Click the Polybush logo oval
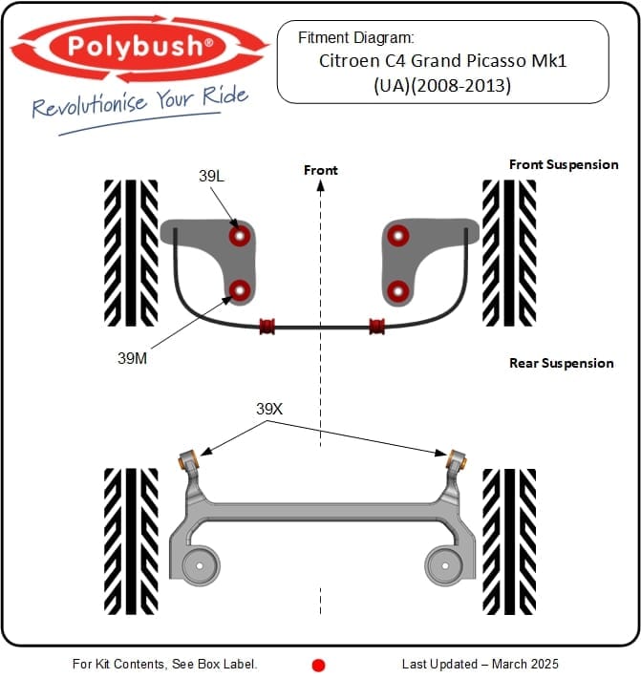pos(139,45)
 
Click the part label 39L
pos(212,176)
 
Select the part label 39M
pos(133,358)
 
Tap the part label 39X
pos(269,408)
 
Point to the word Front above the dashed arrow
pos(321,170)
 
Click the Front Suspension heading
pos(564,164)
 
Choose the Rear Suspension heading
pos(561,363)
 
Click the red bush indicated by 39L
pos(240,235)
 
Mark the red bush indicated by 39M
pos(240,288)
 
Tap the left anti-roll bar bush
pos(268,326)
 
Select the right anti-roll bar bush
pos(376,326)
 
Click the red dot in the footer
pos(319,665)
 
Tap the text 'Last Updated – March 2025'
pos(481,664)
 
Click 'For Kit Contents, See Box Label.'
pos(164,664)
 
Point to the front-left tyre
pos(131,240)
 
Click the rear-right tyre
pos(509,529)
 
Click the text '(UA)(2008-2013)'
pos(442,85)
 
